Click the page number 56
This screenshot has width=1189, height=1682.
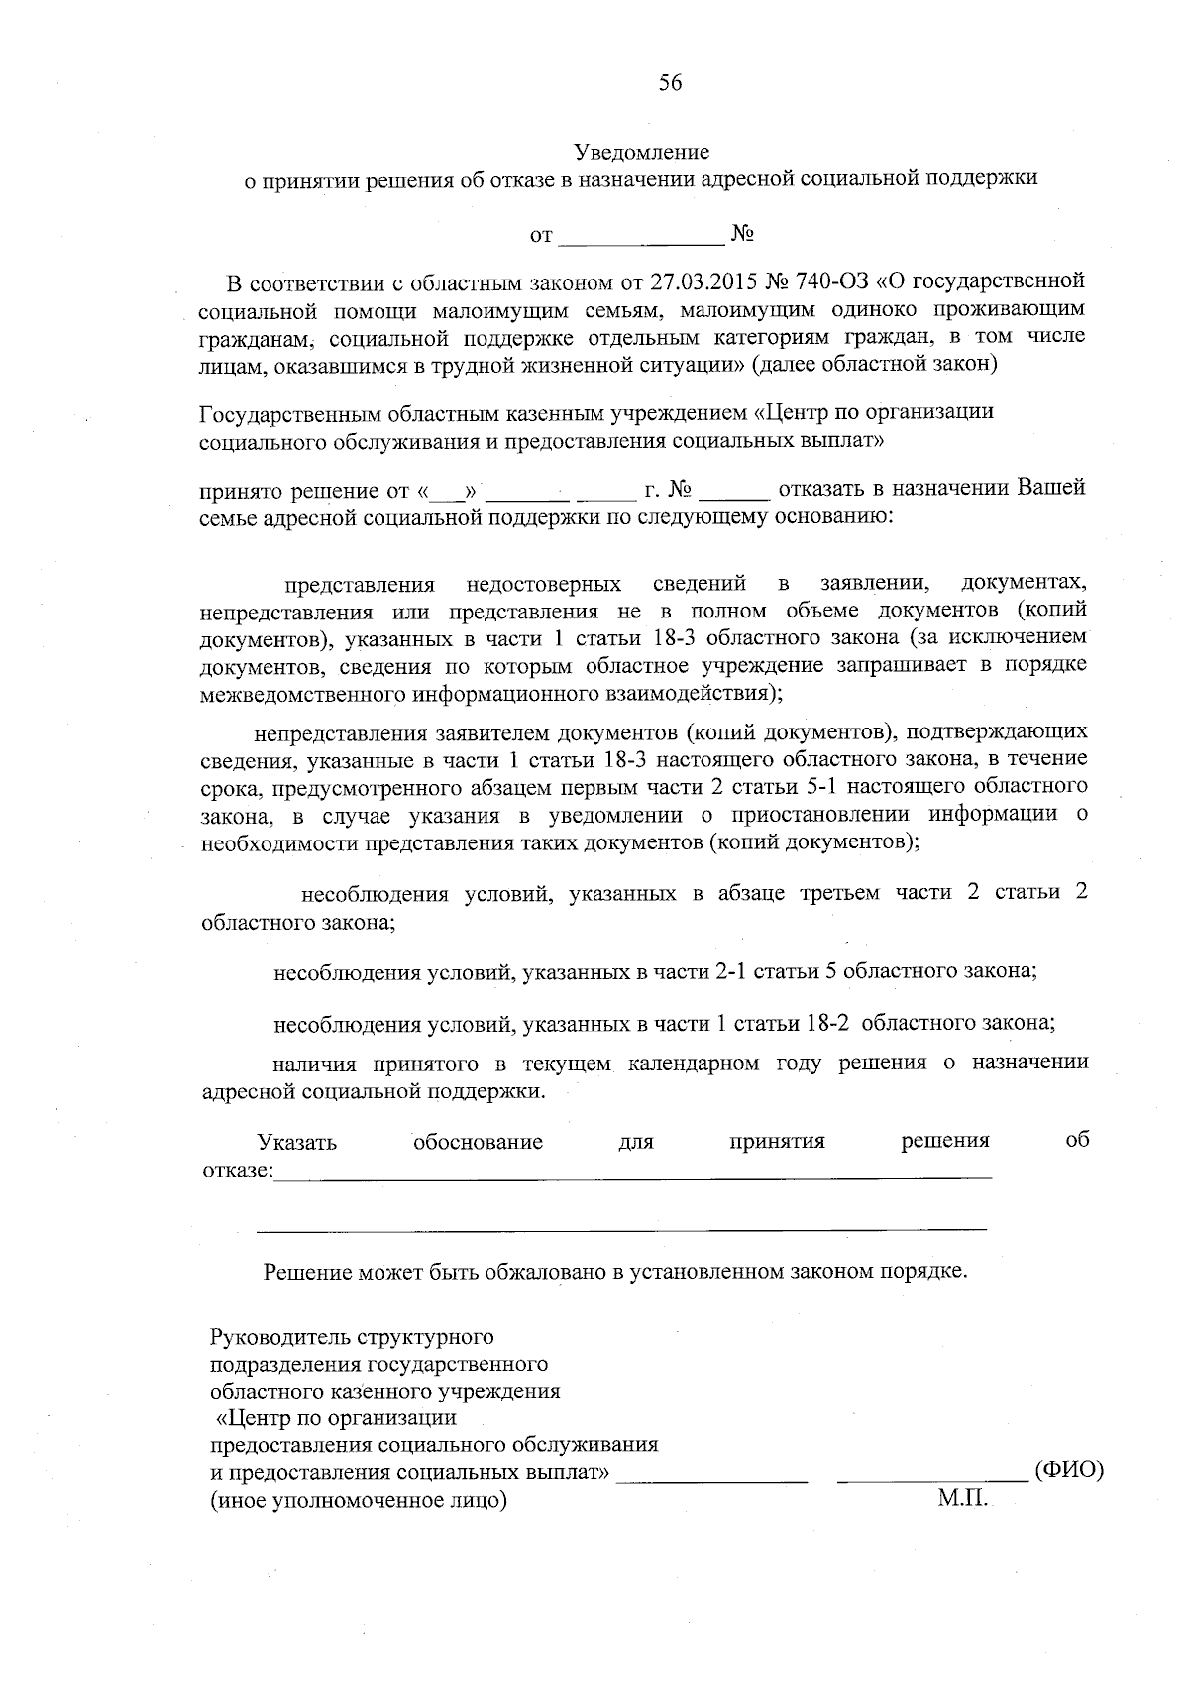click(x=670, y=83)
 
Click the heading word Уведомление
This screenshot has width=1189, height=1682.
click(x=642, y=153)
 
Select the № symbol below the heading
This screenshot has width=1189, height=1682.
click(x=743, y=235)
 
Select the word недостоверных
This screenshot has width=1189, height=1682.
click(x=544, y=583)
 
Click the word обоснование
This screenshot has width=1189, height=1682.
click(x=478, y=1142)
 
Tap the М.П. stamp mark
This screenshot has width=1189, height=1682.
click(x=962, y=1500)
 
